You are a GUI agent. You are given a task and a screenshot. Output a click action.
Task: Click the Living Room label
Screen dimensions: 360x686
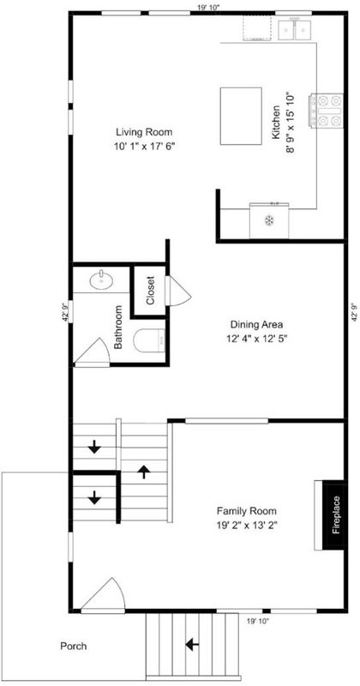click(144, 131)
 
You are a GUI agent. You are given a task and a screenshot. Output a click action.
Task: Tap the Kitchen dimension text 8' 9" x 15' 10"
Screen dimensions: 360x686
click(291, 124)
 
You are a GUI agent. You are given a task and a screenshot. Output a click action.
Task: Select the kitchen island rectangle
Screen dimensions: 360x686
click(241, 116)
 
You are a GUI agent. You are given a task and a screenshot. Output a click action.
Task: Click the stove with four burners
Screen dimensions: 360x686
click(327, 111)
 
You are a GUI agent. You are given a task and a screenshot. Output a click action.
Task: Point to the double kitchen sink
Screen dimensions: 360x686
click(295, 30)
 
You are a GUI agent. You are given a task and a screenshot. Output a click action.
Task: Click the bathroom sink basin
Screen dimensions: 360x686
click(101, 280)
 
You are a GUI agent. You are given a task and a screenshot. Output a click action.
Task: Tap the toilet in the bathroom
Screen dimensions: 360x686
click(149, 340)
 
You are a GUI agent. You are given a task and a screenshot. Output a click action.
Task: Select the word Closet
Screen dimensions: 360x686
click(150, 291)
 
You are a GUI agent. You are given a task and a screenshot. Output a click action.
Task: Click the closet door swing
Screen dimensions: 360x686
click(179, 291)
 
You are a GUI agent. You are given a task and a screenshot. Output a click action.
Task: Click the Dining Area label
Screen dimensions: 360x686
click(256, 325)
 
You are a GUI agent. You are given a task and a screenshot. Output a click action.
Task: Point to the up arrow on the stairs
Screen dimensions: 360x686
click(144, 472)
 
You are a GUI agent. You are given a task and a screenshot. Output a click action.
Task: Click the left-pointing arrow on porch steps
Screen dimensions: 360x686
click(192, 644)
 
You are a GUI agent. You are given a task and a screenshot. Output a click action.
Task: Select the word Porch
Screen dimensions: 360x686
click(74, 646)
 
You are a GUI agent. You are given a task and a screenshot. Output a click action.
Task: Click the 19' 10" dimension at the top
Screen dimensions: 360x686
click(208, 7)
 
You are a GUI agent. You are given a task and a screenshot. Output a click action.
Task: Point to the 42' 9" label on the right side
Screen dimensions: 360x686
click(355, 311)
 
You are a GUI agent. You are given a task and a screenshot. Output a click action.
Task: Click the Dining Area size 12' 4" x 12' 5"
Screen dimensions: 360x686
click(256, 338)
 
